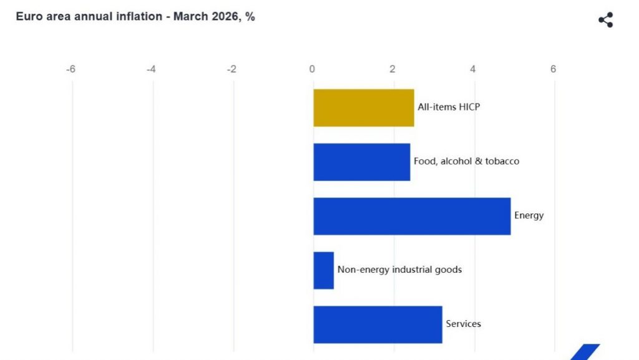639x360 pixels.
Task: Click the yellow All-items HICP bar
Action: pyautogui.click(x=363, y=108)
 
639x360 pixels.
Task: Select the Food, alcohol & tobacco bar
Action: pyautogui.click(x=361, y=162)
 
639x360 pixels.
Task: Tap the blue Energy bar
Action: pyautogui.click(x=412, y=216)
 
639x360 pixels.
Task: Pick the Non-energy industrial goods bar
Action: pyautogui.click(x=323, y=270)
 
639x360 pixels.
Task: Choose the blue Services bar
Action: pyautogui.click(x=378, y=324)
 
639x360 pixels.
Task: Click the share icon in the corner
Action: pyautogui.click(x=605, y=20)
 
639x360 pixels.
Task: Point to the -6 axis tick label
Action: pyautogui.click(x=71, y=69)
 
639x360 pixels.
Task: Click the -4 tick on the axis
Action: pyautogui.click(x=151, y=69)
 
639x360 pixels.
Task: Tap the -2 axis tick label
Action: pyautogui.click(x=232, y=69)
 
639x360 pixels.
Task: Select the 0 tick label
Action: pyautogui.click(x=312, y=69)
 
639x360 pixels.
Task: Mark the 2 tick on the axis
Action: pyautogui.click(x=393, y=69)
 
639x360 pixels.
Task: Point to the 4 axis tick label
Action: pyautogui.click(x=473, y=69)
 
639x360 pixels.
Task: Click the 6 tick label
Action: pyautogui.click(x=553, y=69)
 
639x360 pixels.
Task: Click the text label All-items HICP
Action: pyautogui.click(x=449, y=107)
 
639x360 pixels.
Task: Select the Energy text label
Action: pyautogui.click(x=529, y=216)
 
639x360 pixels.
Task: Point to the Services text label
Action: pyautogui.click(x=463, y=324)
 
